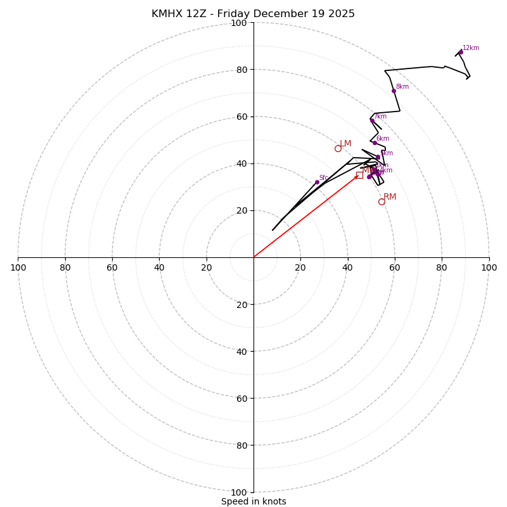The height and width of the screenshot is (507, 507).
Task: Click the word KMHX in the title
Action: (x=167, y=14)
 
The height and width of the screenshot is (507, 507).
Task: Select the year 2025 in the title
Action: (x=340, y=14)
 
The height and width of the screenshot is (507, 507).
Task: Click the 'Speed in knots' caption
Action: (x=253, y=501)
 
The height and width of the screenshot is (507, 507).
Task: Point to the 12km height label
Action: (x=471, y=48)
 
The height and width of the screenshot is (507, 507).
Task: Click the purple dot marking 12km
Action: (x=461, y=53)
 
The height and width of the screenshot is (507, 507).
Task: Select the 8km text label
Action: (x=402, y=87)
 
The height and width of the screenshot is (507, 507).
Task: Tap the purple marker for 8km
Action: (x=394, y=91)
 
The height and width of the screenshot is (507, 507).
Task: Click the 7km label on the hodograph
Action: (x=380, y=117)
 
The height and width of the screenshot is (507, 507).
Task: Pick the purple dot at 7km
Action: (x=372, y=120)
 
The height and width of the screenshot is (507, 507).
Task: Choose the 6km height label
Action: (x=383, y=139)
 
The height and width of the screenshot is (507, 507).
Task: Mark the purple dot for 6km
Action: (x=375, y=143)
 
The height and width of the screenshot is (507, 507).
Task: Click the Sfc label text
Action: (x=324, y=178)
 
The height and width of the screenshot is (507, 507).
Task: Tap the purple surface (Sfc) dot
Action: (x=317, y=183)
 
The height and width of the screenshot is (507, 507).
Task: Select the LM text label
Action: (x=345, y=144)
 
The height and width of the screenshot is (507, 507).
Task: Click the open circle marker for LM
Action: (x=338, y=149)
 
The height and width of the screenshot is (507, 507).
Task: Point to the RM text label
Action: (x=390, y=197)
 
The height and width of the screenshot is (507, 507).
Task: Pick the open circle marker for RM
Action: (x=382, y=202)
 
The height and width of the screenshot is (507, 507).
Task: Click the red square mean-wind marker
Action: (x=359, y=175)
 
